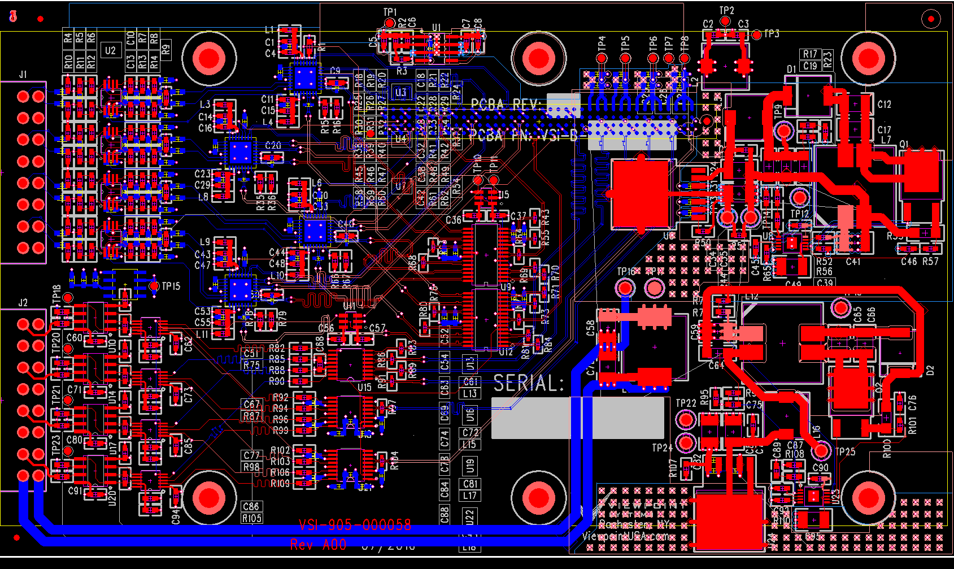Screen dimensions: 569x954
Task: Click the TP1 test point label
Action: (390, 12)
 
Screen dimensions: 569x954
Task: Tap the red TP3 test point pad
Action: (757, 35)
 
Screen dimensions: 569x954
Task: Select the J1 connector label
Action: (23, 75)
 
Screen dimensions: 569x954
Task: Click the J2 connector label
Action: (23, 303)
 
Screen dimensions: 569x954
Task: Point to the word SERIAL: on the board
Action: (529, 384)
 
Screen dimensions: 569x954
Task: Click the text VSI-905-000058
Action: (355, 525)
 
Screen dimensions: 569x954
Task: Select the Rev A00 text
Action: (318, 545)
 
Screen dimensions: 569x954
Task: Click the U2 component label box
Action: (110, 50)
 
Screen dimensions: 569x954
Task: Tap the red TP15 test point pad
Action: (154, 286)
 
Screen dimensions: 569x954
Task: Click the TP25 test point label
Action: (845, 451)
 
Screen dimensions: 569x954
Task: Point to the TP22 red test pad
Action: (686, 420)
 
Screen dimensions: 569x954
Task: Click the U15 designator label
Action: (364, 387)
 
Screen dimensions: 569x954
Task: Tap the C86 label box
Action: (251, 506)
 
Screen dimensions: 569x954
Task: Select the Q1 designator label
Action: (904, 145)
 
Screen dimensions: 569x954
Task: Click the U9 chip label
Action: (506, 288)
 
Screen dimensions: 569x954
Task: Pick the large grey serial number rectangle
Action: (577, 418)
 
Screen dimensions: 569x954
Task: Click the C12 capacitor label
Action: (884, 105)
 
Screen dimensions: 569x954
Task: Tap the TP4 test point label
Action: (602, 42)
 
